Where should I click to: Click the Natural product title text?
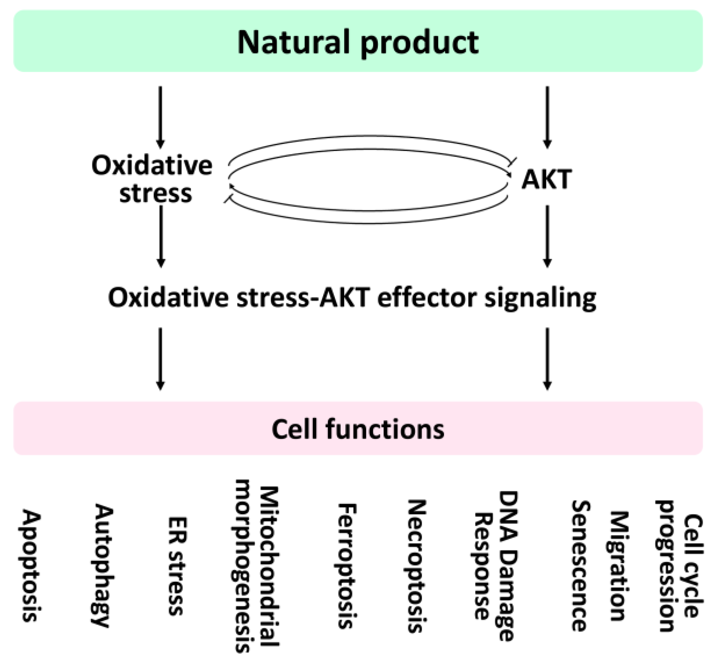358,42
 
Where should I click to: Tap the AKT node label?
546,179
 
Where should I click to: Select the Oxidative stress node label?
152,179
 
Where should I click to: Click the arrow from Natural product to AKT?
547,116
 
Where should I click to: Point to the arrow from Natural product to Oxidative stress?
160,116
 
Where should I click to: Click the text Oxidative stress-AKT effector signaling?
352,298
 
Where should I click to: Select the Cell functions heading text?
358,429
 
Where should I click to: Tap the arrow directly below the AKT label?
547,236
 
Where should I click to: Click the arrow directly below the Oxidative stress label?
161,236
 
